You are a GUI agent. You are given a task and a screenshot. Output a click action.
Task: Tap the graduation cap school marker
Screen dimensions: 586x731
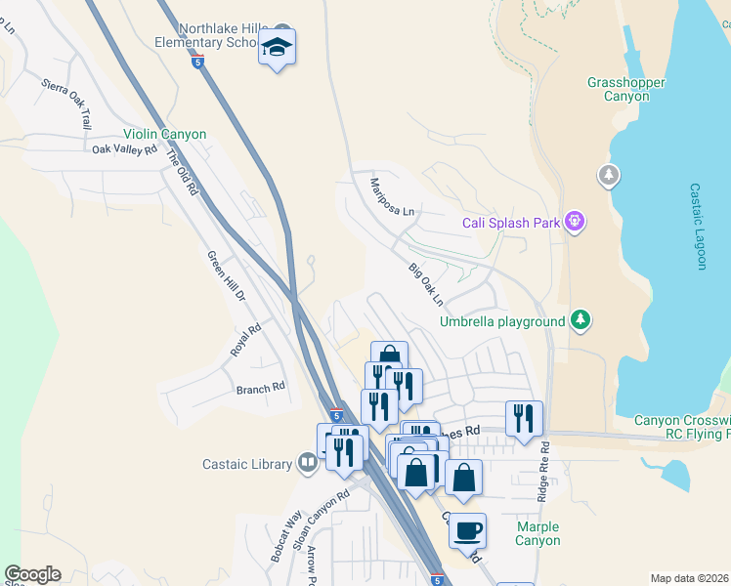click(x=278, y=47)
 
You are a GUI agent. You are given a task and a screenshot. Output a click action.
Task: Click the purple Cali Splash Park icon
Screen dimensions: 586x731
click(x=576, y=223)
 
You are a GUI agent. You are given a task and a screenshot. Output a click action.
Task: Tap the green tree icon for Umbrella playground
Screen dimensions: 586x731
click(x=580, y=319)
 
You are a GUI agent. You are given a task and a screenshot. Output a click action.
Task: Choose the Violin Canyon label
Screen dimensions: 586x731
click(x=164, y=135)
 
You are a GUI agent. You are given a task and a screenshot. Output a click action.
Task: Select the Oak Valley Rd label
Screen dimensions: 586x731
click(x=124, y=149)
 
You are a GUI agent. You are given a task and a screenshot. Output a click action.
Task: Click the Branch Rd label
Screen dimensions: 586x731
click(x=260, y=388)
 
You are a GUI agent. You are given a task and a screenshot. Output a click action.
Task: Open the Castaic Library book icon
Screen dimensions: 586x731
click(x=308, y=461)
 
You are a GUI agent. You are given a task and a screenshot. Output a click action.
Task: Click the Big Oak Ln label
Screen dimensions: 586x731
click(x=426, y=283)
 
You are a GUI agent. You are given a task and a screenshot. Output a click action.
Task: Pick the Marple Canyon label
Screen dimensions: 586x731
click(x=537, y=533)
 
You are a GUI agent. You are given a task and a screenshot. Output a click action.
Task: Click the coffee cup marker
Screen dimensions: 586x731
click(x=467, y=530)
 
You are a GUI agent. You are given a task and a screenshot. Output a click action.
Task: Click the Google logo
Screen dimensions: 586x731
click(x=32, y=573)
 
